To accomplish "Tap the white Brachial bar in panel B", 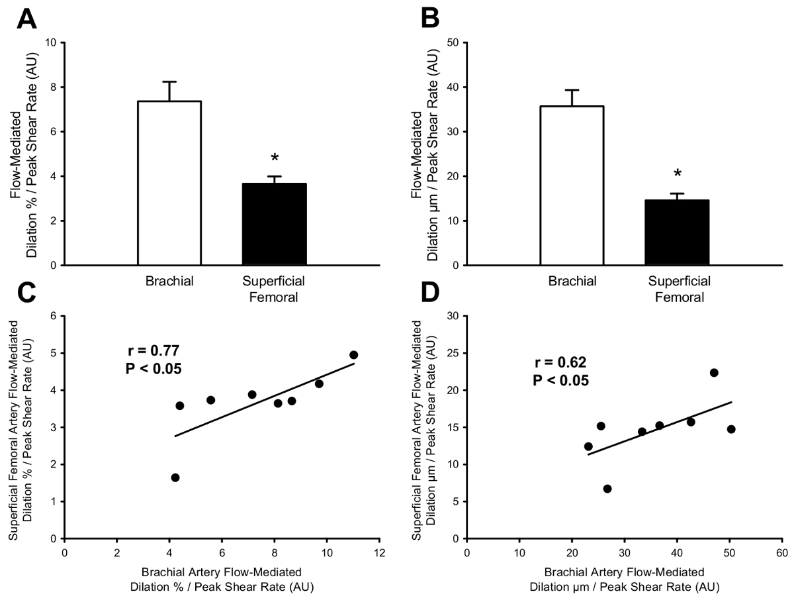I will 572,185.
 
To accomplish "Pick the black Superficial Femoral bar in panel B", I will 677,232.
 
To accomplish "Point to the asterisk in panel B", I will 677,175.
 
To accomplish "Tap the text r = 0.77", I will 154,351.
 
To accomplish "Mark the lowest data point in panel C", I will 175,478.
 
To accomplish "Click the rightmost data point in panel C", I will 353,355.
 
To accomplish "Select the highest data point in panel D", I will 714,373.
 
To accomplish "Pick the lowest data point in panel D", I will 607,489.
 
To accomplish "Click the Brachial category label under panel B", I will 572,281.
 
